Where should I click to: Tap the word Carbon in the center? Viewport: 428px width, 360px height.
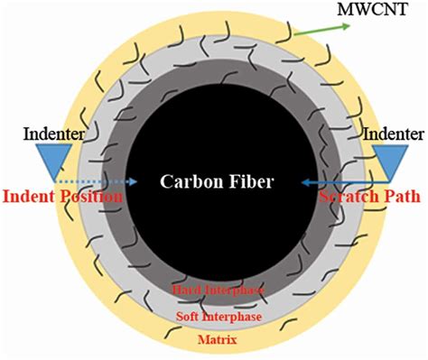point(188,180)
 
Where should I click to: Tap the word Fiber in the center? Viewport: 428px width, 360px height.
point(249,180)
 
